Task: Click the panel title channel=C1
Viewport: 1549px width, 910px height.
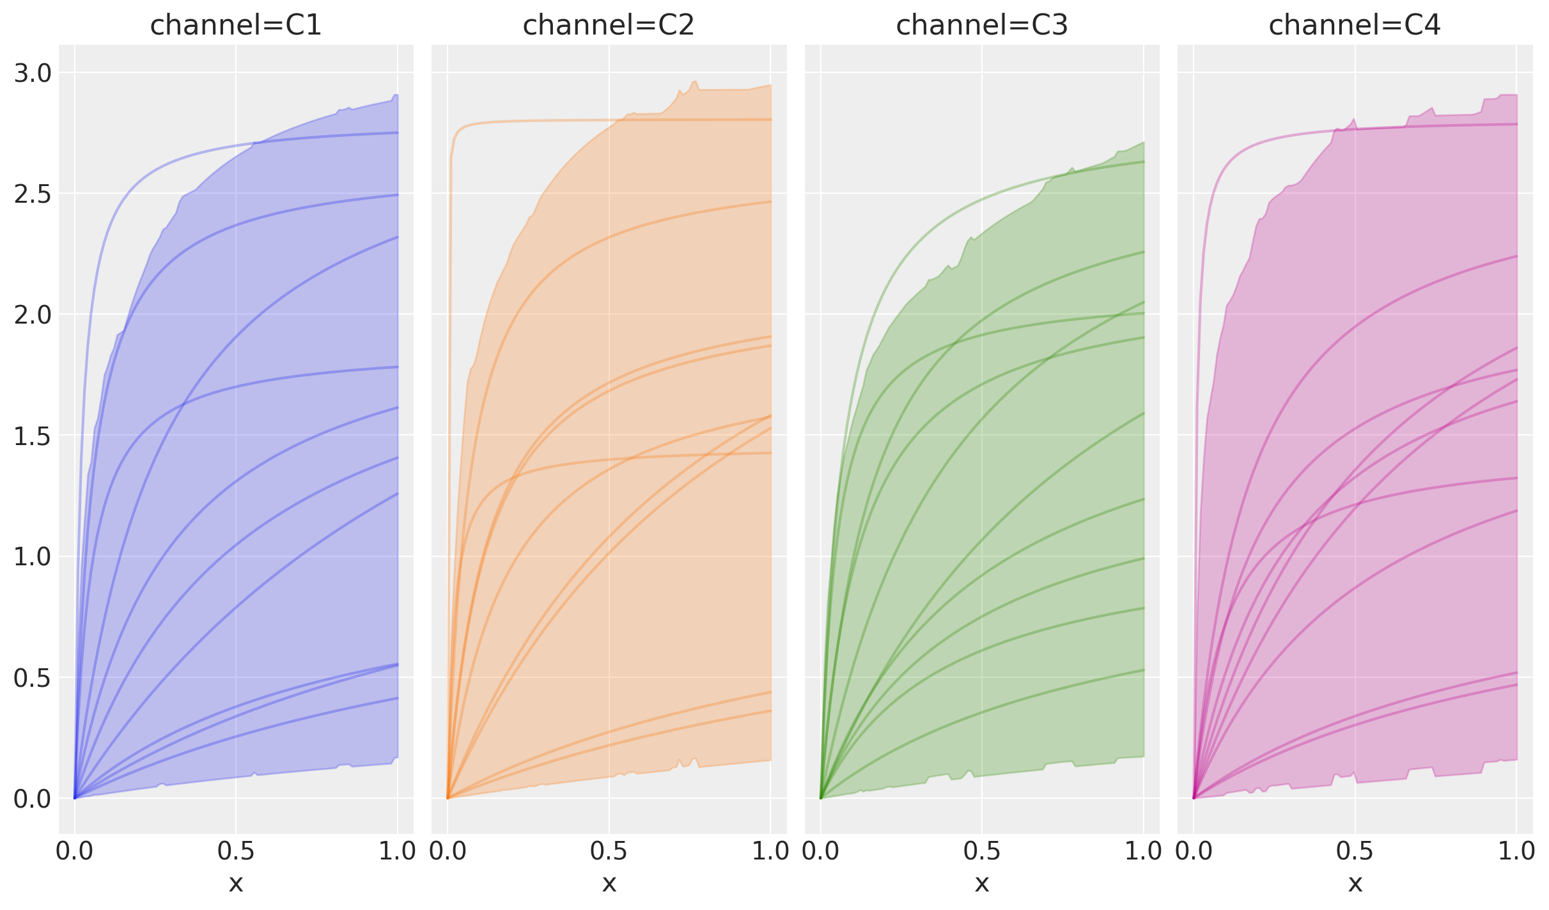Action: click(x=235, y=26)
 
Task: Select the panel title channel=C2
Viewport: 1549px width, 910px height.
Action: click(x=609, y=26)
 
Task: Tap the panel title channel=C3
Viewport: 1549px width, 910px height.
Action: click(x=982, y=26)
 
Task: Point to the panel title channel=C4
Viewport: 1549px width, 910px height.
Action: click(x=1355, y=26)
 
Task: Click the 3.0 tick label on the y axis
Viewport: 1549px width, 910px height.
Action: click(x=33, y=74)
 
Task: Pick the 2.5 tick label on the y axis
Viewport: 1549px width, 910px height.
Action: click(x=33, y=194)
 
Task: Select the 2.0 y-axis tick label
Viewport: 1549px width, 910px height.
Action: click(x=33, y=315)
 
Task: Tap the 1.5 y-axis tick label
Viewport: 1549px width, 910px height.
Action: click(x=33, y=436)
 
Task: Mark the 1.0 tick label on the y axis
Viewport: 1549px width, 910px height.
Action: click(x=33, y=557)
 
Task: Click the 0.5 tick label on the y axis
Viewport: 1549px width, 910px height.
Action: click(x=33, y=678)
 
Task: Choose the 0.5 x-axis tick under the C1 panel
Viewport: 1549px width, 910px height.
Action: click(x=236, y=851)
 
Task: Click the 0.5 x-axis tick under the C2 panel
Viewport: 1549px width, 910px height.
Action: click(x=609, y=851)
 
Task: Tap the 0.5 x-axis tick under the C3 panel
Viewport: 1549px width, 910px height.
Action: click(x=982, y=851)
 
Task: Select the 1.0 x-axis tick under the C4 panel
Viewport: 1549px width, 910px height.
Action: click(x=1516, y=851)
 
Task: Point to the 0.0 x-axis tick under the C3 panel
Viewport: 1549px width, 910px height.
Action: click(x=821, y=851)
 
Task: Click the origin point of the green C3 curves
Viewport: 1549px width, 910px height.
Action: click(x=821, y=798)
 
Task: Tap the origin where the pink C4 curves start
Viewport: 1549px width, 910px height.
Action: click(x=1194, y=798)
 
